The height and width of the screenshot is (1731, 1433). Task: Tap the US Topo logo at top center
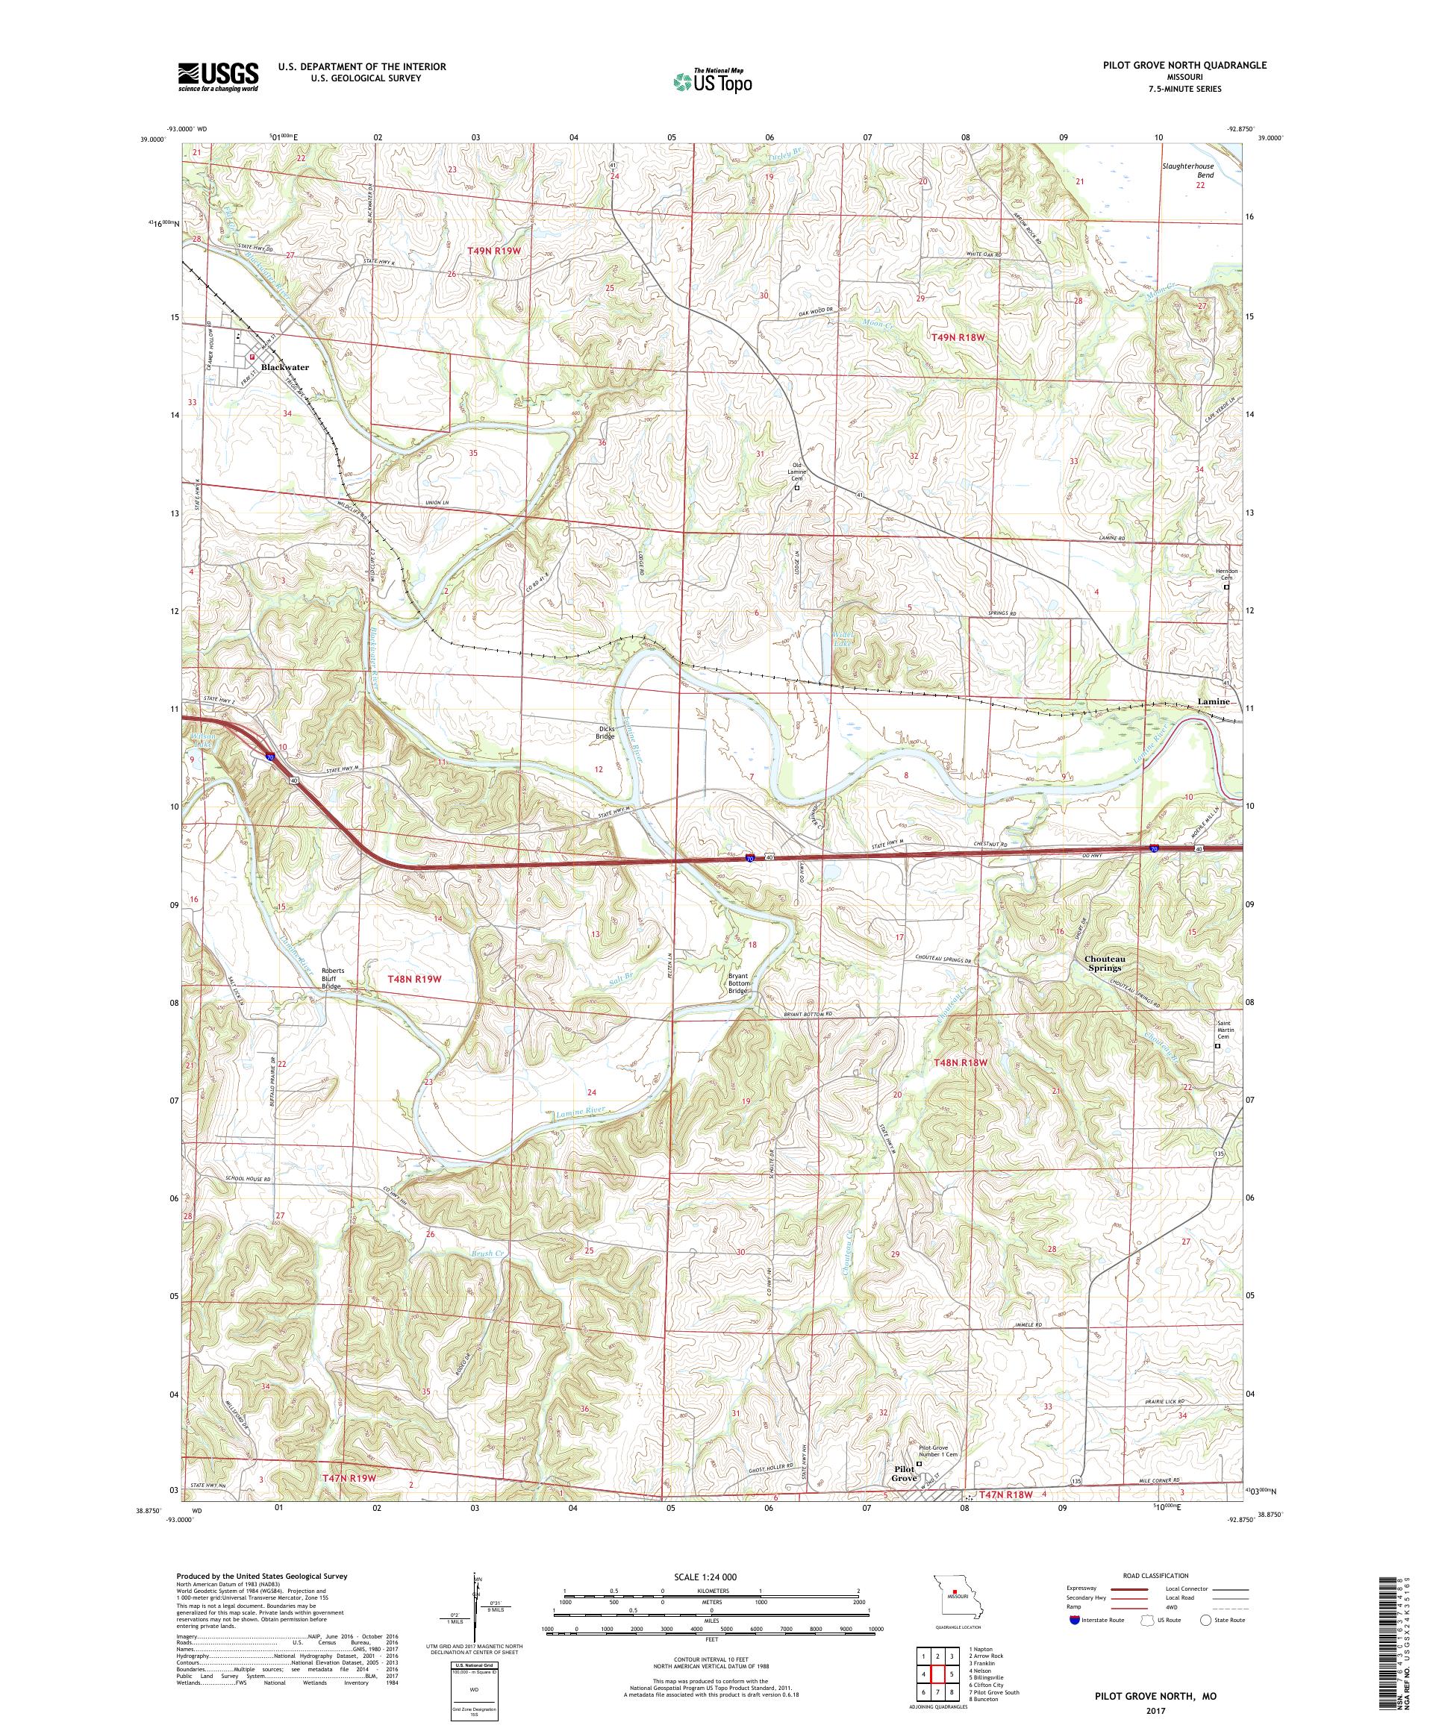point(714,80)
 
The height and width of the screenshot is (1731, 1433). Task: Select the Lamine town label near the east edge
point(1213,702)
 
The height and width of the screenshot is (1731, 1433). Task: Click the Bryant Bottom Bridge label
point(737,983)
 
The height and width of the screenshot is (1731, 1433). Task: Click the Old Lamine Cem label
point(796,472)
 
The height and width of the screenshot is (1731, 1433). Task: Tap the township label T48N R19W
point(415,979)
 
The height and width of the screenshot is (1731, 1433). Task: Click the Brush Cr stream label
point(487,1253)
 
